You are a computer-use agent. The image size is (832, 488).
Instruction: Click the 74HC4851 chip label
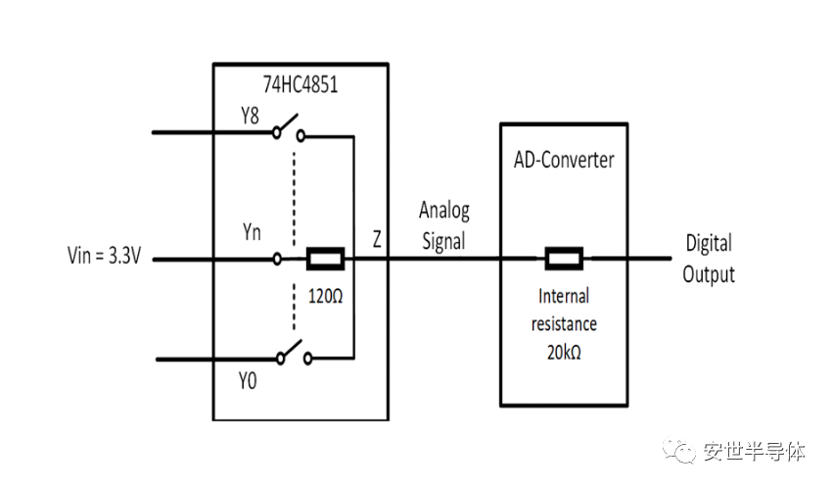300,84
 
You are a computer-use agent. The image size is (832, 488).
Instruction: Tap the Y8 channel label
250,116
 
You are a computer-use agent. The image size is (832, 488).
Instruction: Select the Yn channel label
252,232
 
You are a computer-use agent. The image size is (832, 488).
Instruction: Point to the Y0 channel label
248,381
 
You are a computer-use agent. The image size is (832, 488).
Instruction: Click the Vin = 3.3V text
104,256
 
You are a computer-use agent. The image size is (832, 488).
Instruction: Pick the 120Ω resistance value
325,296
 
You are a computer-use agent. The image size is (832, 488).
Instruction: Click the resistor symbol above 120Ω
325,259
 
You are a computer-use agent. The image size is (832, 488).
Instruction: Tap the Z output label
377,239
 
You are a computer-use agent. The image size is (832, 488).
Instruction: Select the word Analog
444,211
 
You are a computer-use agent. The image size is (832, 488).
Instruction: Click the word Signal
443,241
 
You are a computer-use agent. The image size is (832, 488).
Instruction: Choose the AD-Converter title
564,160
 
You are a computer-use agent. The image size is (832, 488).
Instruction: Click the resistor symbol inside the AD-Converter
564,259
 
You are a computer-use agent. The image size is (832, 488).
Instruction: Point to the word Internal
564,296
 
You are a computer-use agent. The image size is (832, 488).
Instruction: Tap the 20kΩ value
564,352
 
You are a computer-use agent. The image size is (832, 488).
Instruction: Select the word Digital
709,244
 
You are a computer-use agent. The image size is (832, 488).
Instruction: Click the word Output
709,274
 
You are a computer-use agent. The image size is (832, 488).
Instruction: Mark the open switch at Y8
288,128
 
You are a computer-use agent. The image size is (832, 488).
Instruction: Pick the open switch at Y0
294,353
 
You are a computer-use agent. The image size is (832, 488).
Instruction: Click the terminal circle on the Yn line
277,259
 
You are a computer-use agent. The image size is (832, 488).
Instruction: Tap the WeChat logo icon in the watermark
678,450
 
